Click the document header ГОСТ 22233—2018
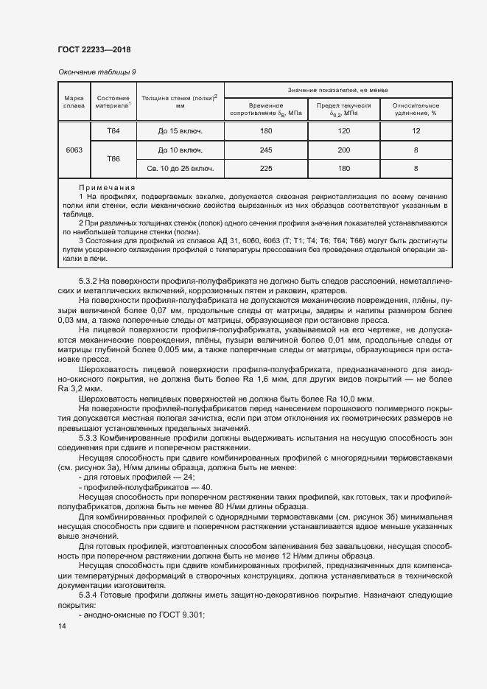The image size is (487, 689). [x=94, y=49]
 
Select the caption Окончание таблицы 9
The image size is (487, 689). [x=97, y=71]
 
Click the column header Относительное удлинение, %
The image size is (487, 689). [x=416, y=109]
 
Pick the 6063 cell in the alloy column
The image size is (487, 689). [x=74, y=150]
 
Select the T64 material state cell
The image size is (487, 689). [x=113, y=130]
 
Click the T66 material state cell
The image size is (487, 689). [x=113, y=158]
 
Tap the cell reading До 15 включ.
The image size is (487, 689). [x=180, y=131]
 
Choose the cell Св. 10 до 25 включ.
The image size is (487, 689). [x=180, y=169]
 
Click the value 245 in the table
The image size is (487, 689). [x=266, y=150]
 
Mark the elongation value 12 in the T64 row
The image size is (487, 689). [x=416, y=131]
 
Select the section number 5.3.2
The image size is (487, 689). [x=88, y=281]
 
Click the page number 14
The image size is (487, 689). [x=62, y=626]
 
